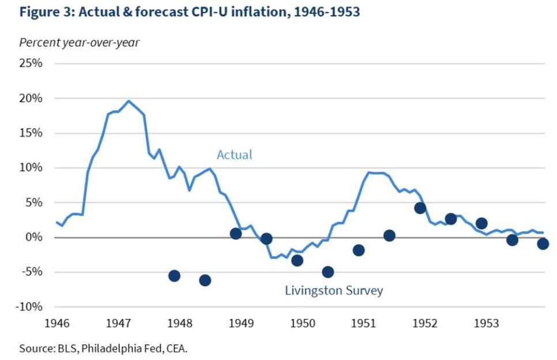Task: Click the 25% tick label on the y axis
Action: pos(31,63)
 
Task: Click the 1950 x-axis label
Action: pos(302,323)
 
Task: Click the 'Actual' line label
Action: pos(234,155)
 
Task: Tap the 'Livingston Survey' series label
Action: pos(334,291)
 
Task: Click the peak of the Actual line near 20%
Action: pos(128,101)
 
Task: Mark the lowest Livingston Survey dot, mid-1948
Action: pos(205,280)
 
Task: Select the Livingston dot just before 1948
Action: pos(174,276)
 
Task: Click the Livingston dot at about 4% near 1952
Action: pos(420,208)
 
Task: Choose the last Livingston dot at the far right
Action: pos(543,244)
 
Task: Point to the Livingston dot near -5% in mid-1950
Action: pos(328,272)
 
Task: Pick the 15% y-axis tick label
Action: pos(31,133)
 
